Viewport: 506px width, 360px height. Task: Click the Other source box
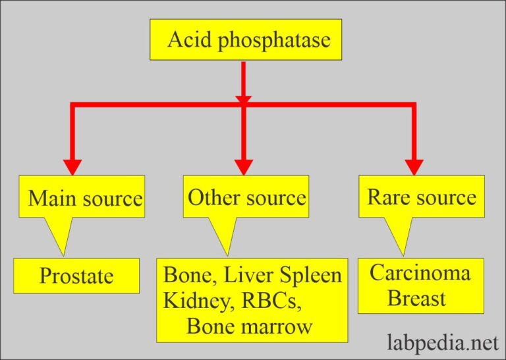click(x=246, y=197)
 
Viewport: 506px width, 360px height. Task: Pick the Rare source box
click(x=421, y=196)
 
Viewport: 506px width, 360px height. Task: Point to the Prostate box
click(x=76, y=276)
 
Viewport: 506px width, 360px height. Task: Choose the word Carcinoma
click(x=420, y=272)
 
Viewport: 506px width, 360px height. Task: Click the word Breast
click(x=416, y=298)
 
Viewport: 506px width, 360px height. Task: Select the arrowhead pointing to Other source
click(x=244, y=167)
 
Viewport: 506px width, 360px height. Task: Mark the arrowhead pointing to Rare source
click(x=414, y=166)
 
